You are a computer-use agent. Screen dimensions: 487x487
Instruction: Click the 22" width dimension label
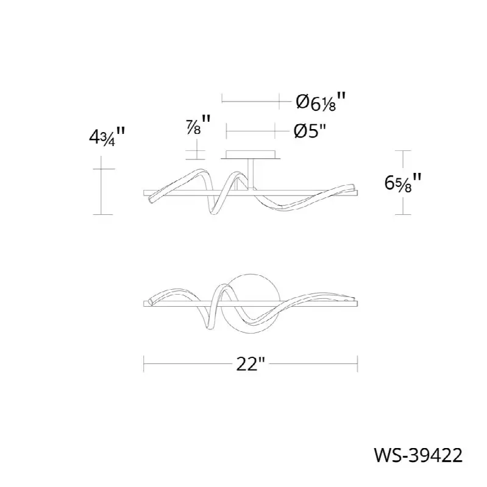pyautogui.click(x=251, y=363)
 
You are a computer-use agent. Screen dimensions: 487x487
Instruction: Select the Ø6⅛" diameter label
pyautogui.click(x=321, y=101)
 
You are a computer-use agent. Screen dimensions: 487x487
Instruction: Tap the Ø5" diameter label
pyautogui.click(x=310, y=131)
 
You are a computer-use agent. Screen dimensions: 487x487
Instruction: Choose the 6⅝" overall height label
pyautogui.click(x=403, y=182)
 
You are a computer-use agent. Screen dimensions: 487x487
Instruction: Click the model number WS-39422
pyautogui.click(x=418, y=455)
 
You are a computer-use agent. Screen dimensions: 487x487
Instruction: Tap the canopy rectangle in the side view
pyautogui.click(x=251, y=155)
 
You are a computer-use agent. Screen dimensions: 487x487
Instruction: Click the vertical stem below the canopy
pyautogui.click(x=251, y=174)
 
